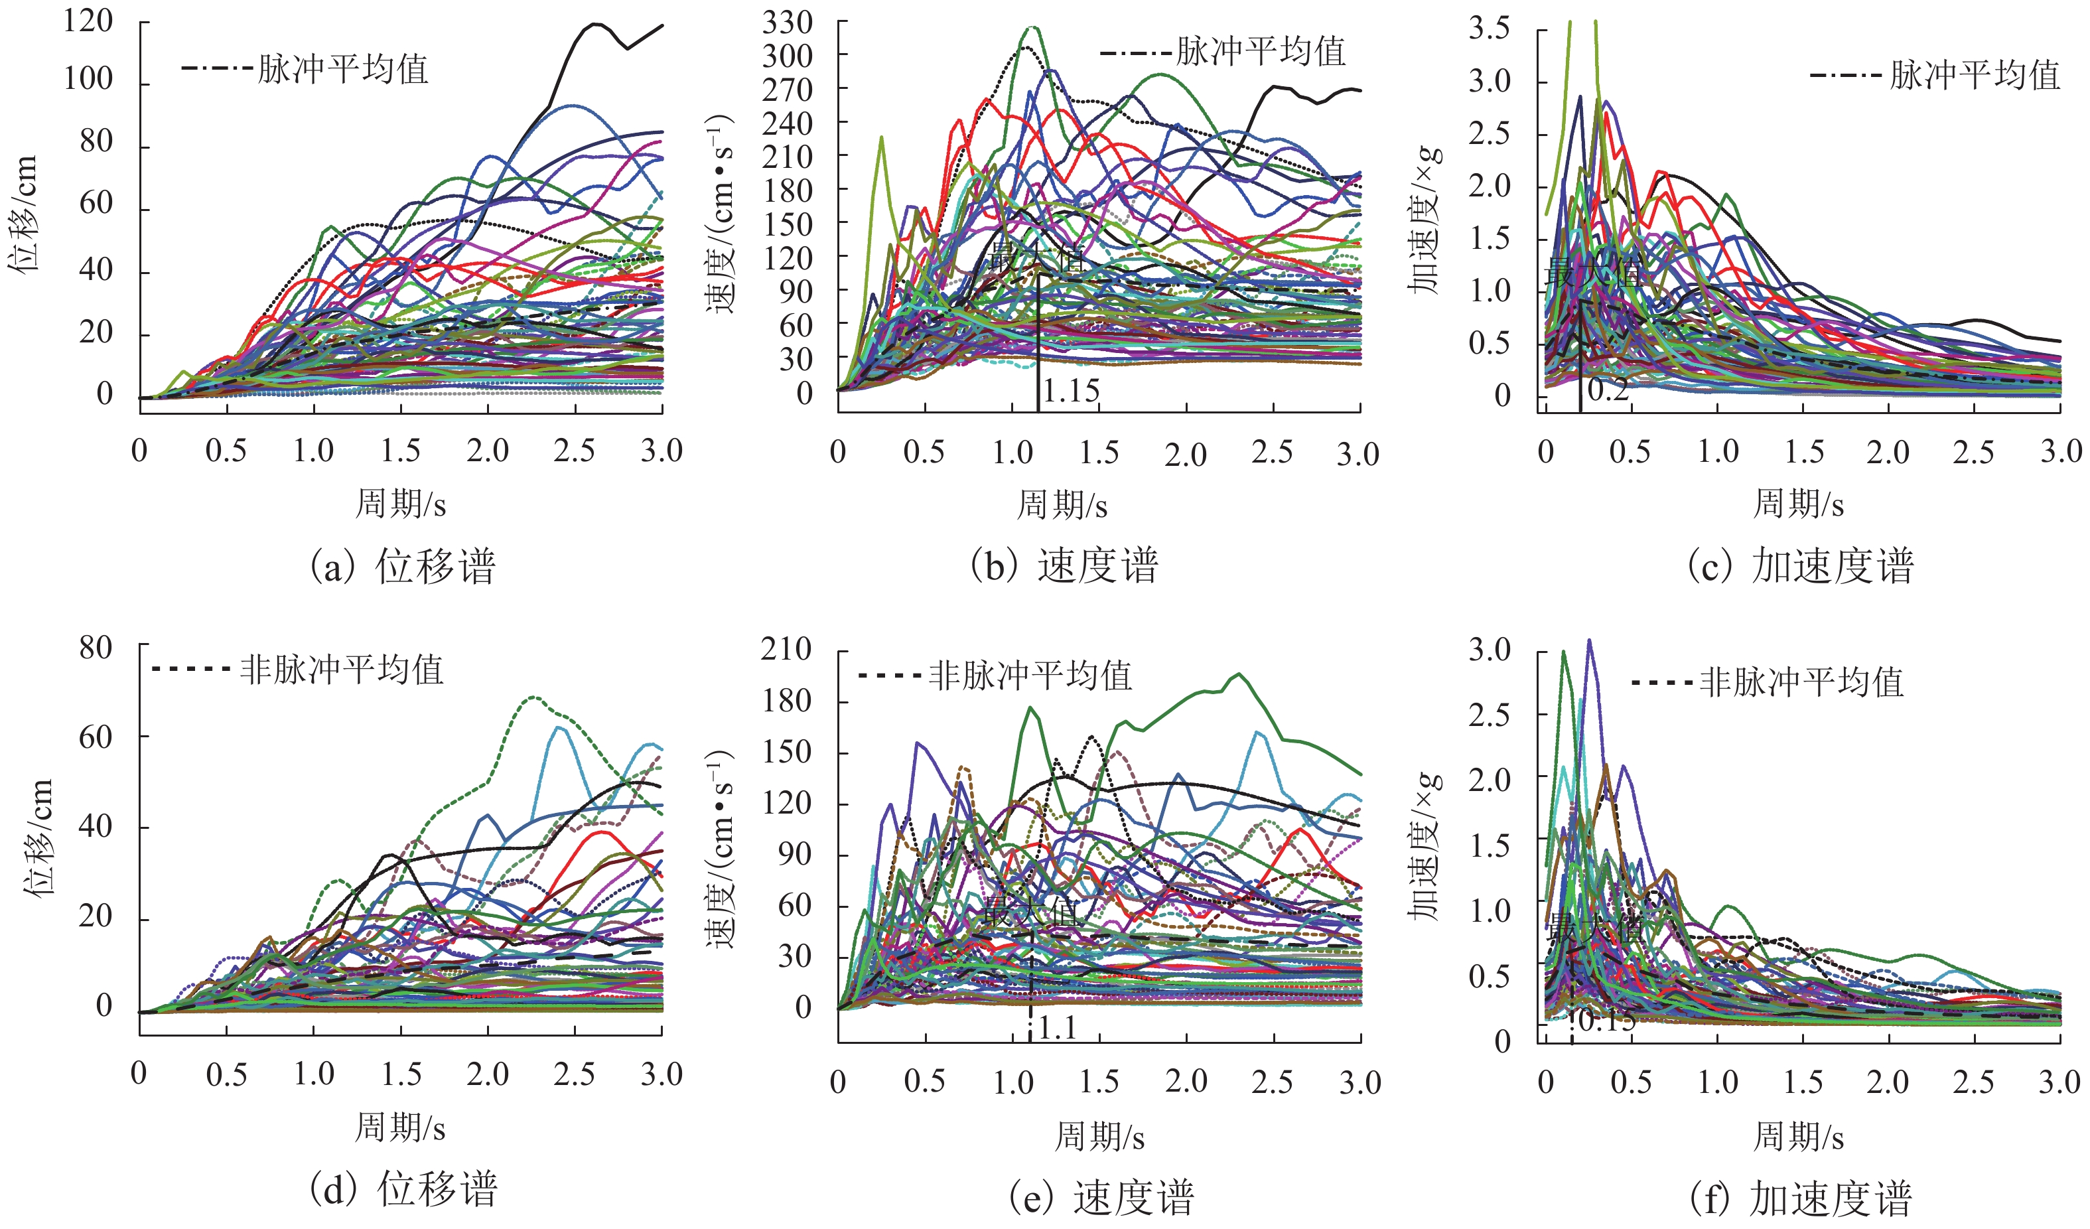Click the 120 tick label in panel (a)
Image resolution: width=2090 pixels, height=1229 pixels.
tap(88, 21)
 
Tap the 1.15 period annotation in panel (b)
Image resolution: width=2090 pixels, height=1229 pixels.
tap(1071, 391)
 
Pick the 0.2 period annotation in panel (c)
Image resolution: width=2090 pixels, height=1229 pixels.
tap(1607, 389)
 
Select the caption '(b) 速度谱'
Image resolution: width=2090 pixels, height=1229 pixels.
tap(1064, 567)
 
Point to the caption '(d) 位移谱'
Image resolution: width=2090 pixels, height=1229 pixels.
tap(403, 1189)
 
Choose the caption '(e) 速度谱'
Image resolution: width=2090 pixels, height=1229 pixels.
tap(1101, 1198)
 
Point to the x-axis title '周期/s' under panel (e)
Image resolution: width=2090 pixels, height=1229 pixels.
tap(1100, 1136)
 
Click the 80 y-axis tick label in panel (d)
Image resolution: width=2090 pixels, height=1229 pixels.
tap(96, 648)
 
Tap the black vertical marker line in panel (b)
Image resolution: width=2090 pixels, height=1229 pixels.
tap(1038, 340)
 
